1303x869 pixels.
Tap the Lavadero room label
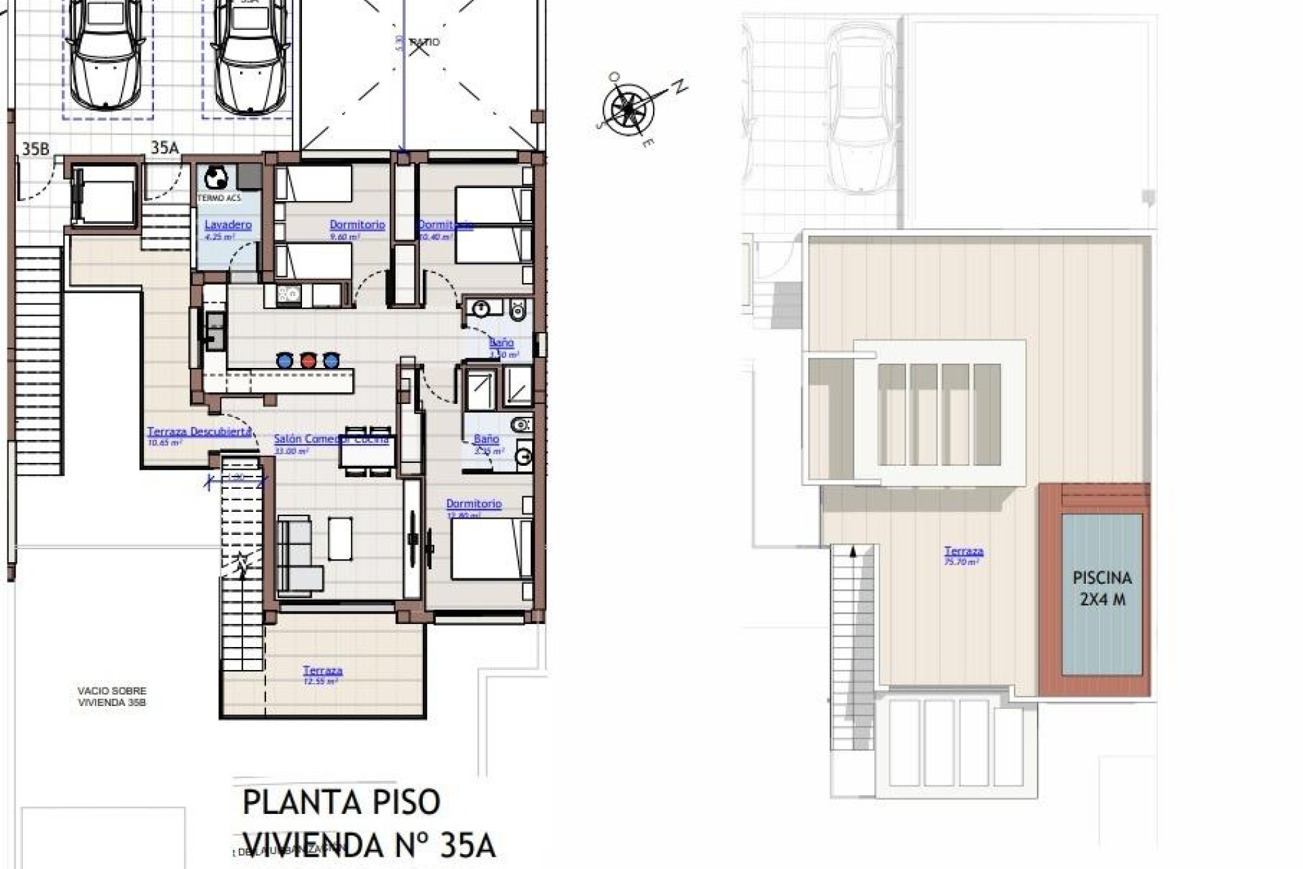point(228,225)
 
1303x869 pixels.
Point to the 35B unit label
point(35,149)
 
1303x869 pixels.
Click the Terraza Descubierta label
point(200,432)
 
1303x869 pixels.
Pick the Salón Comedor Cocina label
point(331,439)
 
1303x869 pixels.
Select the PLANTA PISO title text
point(341,802)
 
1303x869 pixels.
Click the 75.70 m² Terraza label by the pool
point(964,553)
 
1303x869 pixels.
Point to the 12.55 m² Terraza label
point(322,671)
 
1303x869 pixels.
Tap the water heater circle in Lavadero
point(216,178)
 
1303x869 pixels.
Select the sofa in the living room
point(299,553)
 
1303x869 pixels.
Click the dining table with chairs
point(366,450)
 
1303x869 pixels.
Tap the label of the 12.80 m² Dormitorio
point(474,504)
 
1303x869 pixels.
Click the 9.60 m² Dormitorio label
point(357,225)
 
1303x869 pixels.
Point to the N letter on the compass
point(679,87)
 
